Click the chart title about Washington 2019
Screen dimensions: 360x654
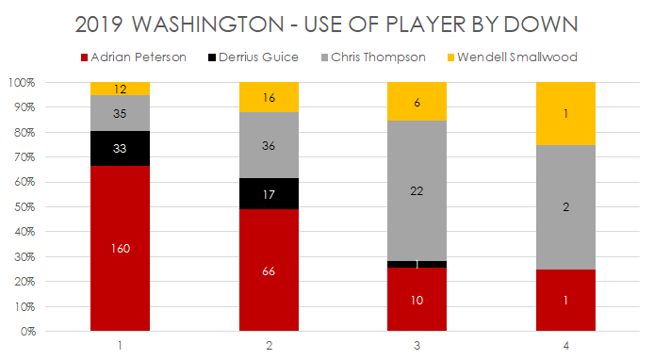point(326,23)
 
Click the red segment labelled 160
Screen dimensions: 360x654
point(121,248)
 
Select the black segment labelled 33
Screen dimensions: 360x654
point(121,148)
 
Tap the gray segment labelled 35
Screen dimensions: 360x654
point(121,113)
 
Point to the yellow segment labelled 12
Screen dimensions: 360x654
point(121,89)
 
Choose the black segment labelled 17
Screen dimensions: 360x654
point(270,193)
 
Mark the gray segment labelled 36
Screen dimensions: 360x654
point(270,145)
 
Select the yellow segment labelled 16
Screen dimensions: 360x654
point(270,97)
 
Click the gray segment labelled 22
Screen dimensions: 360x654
point(417,190)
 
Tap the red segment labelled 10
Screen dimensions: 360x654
point(417,299)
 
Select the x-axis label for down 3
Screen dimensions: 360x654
point(417,346)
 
